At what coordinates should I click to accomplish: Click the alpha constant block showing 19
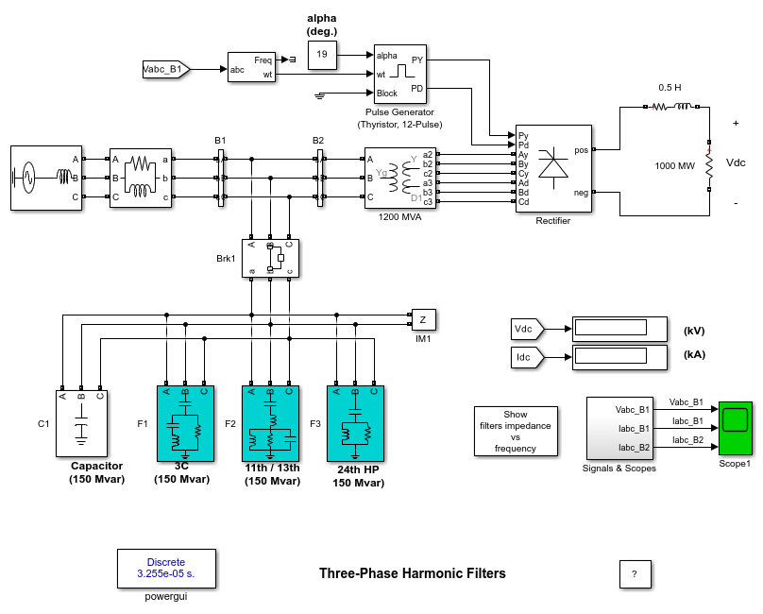coord(322,56)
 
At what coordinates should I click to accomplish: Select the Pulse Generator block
coord(400,75)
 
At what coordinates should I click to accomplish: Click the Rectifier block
coord(553,169)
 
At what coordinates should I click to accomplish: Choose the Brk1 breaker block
coord(270,258)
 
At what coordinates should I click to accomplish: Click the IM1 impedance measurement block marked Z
coord(422,319)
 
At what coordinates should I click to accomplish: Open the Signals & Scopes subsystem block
coord(619,426)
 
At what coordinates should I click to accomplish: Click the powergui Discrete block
coord(166,568)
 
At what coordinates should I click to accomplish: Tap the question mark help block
coord(634,573)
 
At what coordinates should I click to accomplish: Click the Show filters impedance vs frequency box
coord(516,431)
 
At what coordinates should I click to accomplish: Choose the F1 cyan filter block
coord(185,423)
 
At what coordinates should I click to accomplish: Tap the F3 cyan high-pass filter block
coord(355,423)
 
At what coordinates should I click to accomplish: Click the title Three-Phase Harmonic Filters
coord(413,573)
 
